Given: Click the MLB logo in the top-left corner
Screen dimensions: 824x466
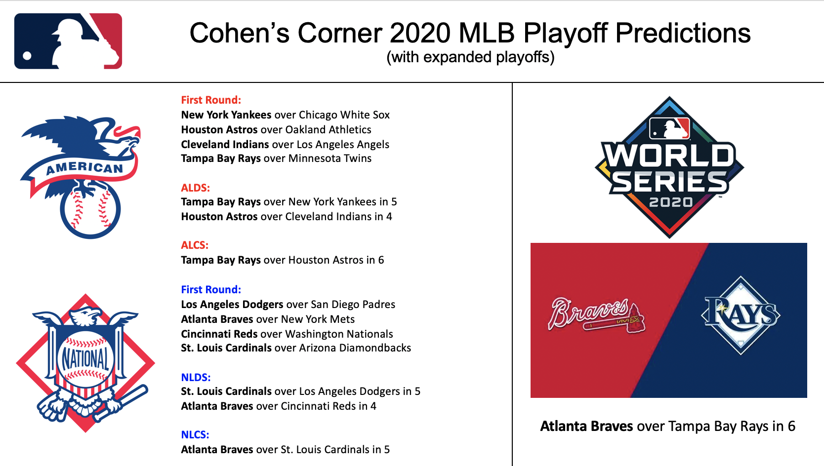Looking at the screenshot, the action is pos(68,41).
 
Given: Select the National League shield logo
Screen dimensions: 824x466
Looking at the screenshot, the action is pos(85,363).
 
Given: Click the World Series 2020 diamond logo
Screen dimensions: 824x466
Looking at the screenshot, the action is pos(669,167).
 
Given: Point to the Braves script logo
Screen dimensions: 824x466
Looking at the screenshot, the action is pos(596,315).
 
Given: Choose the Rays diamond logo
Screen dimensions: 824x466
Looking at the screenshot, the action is pos(741,315).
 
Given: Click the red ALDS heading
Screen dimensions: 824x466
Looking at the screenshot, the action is pos(195,188).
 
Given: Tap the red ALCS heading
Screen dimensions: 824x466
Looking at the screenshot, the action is pos(195,245).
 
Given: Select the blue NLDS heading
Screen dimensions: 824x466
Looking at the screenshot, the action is pos(196,378).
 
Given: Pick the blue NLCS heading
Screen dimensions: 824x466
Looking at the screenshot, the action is pos(195,435).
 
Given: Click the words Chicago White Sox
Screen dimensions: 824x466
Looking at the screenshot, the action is pos(344,115).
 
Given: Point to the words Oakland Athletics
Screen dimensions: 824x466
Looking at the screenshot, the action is pos(328,130).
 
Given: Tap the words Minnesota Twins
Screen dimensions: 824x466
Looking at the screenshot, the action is pos(330,158).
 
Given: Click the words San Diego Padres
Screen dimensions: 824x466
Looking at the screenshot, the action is pos(353,305).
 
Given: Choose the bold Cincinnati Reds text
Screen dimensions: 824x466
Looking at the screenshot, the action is pos(219,334).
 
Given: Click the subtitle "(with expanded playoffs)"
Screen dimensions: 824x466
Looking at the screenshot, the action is pos(470,57).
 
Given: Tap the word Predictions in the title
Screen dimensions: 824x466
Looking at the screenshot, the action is pos(683,33).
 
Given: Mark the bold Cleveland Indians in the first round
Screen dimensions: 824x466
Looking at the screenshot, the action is pos(225,145).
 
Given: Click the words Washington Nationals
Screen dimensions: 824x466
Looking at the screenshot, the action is pos(339,334).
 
